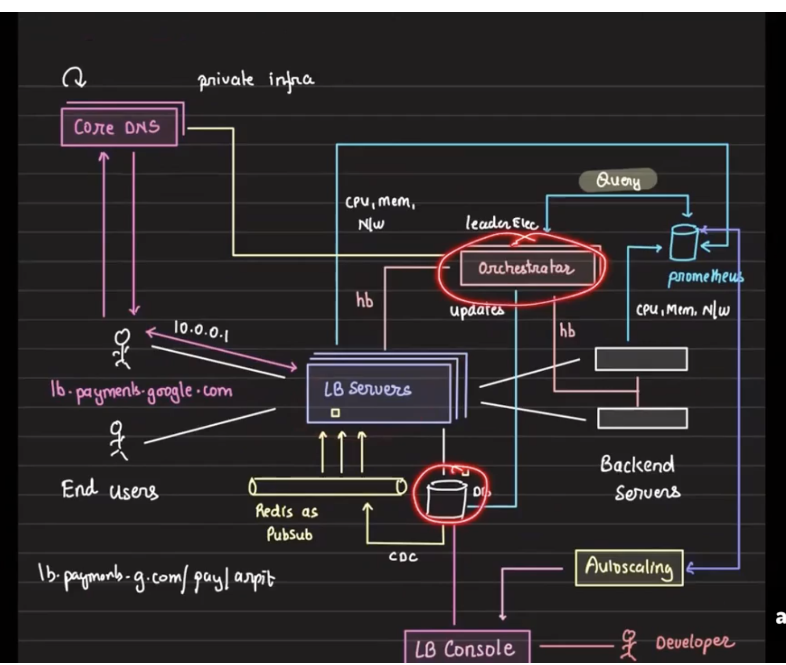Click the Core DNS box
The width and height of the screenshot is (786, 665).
pos(118,127)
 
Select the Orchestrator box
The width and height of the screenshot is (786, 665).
pos(527,268)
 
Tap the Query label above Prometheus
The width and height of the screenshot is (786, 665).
pos(618,181)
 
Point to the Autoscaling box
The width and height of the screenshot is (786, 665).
pos(629,567)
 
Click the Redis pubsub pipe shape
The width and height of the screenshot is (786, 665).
pos(328,487)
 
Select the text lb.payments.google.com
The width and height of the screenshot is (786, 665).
pos(142,391)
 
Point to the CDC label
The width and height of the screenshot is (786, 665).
pos(403,557)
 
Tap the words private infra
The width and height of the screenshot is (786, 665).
pos(256,81)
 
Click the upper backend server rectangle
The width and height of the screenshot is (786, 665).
pos(641,359)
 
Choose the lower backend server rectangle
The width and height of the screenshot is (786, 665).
pos(642,418)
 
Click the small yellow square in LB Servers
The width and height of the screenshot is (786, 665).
pos(335,413)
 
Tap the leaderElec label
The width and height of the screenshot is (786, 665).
pos(501,222)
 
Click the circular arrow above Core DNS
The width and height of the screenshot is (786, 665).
pos(74,79)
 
